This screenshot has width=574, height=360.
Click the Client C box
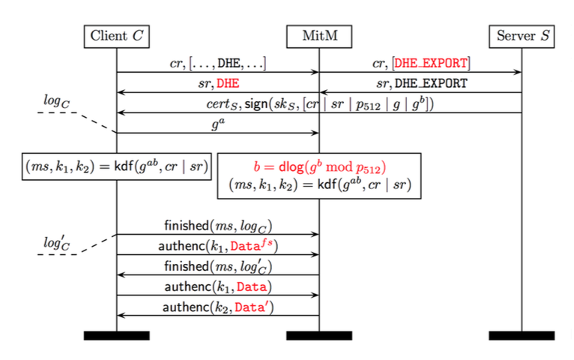pyautogui.click(x=116, y=35)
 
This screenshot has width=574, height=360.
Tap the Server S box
pyautogui.click(x=522, y=35)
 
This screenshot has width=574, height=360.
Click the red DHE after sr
pyautogui.click(x=228, y=83)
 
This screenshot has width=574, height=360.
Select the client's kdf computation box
pyautogui.click(x=116, y=166)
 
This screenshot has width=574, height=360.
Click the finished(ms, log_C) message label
pyautogui.click(x=217, y=225)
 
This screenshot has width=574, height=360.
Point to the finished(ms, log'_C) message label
pyautogui.click(x=217, y=266)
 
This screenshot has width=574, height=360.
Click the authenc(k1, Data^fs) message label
pyautogui.click(x=217, y=245)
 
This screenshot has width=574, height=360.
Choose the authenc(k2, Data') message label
pyautogui.click(x=217, y=307)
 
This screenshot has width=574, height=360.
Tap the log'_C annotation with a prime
pyautogui.click(x=56, y=243)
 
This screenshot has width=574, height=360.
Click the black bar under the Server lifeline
pyautogui.click(x=522, y=335)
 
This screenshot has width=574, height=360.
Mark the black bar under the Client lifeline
pyautogui.click(x=116, y=335)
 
